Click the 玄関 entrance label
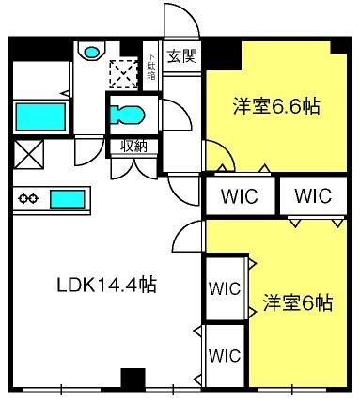[182, 56]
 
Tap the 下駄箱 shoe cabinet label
[151, 67]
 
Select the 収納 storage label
[134, 147]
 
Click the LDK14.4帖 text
[106, 285]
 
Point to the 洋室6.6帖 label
[276, 106]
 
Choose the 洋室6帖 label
[298, 302]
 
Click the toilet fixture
[127, 115]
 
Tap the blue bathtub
[40, 116]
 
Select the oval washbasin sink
[91, 52]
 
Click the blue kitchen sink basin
[68, 199]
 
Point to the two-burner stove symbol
[28, 198]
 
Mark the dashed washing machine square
[123, 74]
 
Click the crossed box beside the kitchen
[28, 154]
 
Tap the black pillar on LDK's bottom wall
[133, 379]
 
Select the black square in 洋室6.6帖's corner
[338, 47]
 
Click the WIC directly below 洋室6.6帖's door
[240, 196]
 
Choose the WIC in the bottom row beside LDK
[225, 356]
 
